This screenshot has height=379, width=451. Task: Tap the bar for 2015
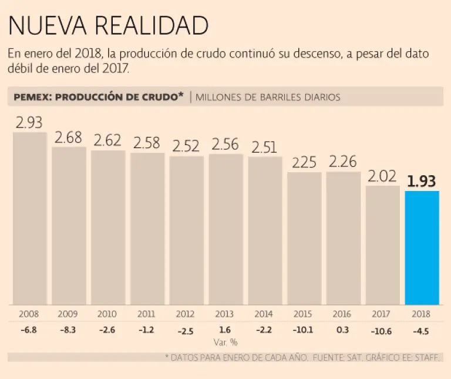pos(304,239)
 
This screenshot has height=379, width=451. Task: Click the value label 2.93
pos(29,123)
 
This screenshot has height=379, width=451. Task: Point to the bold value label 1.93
pos(422,182)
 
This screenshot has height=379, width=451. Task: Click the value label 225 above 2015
pos(304,162)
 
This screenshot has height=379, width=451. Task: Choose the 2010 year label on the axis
pos(107,314)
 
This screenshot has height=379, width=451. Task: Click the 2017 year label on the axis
pos(382,314)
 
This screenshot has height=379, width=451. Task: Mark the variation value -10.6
pos(382,331)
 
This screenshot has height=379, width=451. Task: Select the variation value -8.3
pos(68,330)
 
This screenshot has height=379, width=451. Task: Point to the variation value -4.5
pos(422,330)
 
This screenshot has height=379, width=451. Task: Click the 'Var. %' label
pos(225,341)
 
